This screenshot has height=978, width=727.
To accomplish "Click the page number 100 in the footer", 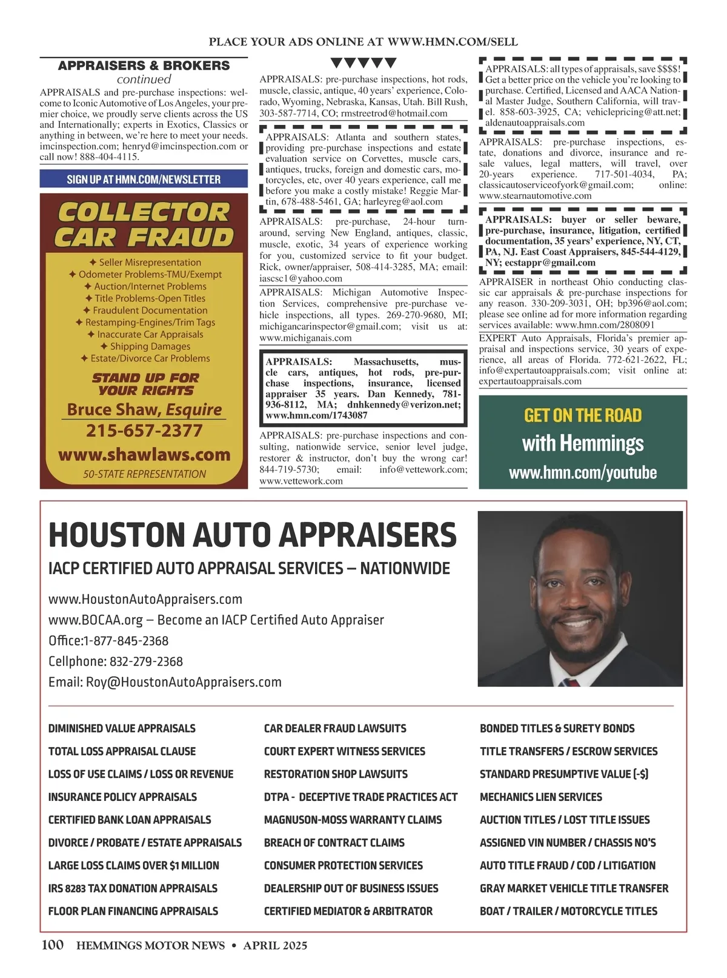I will point(53,945).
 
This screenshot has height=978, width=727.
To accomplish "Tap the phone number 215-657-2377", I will point(144,431).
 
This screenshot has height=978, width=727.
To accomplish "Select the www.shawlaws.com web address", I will point(144,455).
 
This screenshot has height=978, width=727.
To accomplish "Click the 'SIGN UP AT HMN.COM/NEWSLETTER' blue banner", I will point(144,179).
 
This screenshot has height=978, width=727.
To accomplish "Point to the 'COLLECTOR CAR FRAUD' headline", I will point(144,224).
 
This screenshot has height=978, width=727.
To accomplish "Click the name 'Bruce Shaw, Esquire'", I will point(144,409).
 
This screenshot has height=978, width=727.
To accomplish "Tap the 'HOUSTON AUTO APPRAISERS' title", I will point(252,535).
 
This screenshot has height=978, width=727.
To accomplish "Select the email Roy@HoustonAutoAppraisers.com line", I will point(165,682).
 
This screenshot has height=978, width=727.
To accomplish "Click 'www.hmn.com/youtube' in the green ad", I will point(583,472).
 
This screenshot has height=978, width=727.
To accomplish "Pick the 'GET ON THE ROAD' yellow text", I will point(583,415).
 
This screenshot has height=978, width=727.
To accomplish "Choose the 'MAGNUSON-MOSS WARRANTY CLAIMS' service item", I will point(353,820).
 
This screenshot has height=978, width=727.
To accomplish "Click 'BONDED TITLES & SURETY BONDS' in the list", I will point(557,728).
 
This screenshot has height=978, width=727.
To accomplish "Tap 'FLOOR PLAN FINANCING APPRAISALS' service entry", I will point(133,911).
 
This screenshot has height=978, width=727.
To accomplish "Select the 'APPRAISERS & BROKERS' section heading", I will point(144,65).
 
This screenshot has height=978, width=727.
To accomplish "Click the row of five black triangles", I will point(363,63).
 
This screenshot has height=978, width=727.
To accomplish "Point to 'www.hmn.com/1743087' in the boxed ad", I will point(308,415).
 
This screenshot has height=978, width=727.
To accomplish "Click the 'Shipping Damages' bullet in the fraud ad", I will point(145,346).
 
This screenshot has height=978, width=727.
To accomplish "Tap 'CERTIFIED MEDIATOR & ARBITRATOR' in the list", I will point(348,911).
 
